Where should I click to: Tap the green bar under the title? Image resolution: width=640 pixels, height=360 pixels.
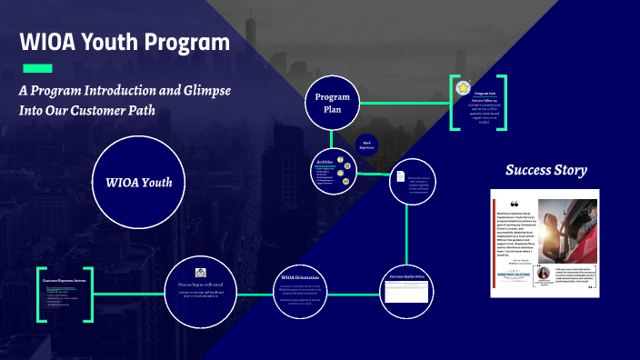click(x=36, y=69)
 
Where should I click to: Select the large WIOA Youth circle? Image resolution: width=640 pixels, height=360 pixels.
click(x=138, y=181)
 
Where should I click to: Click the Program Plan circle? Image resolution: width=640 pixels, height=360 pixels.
click(x=333, y=103)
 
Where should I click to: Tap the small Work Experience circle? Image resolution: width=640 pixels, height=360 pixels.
click(x=367, y=145)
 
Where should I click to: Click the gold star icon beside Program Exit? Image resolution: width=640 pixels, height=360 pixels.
click(x=464, y=88)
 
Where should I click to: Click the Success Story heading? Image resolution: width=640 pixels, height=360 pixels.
click(x=545, y=170)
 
